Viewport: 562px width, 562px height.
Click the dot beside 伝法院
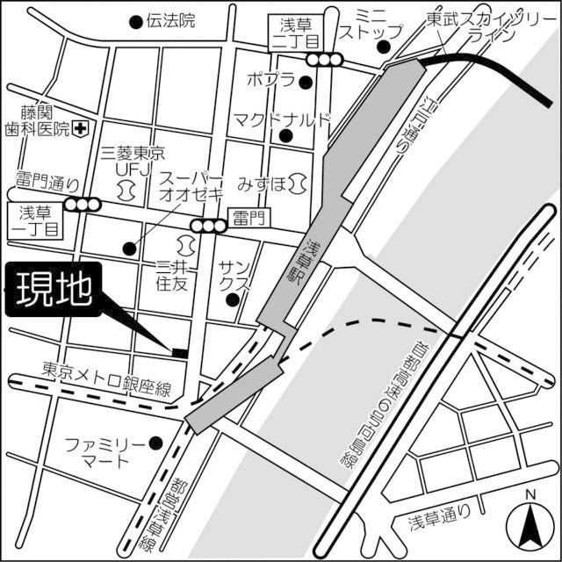[x=135, y=22]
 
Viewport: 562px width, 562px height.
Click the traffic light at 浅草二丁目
[x=324, y=59]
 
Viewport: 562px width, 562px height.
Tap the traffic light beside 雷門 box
[x=209, y=227]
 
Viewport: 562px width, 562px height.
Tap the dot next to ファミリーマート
[x=156, y=442]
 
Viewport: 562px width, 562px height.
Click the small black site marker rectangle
[x=179, y=352]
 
